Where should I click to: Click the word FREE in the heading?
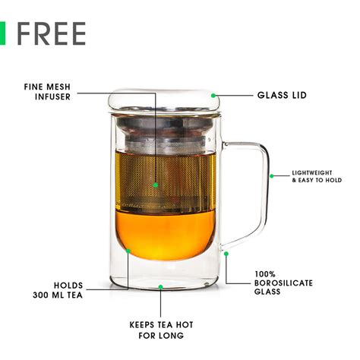coord(51,33)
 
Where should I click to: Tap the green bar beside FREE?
coord(2,33)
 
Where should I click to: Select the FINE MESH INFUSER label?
coord(47,92)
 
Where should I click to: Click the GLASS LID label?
coord(282,95)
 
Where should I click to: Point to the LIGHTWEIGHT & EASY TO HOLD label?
coord(317,176)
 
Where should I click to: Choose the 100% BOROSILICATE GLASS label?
coord(283,283)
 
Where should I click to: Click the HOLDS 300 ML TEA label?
coord(58,290)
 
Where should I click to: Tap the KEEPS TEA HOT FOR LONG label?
coord(161,330)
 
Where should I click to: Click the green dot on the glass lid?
coord(213,96)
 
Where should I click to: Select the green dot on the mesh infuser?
coord(156,185)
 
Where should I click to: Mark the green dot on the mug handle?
coord(272,176)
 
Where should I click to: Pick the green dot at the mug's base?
coord(160,287)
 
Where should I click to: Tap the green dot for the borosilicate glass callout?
coord(226,254)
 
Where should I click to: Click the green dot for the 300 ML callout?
coord(128,251)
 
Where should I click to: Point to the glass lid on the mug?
coord(164,101)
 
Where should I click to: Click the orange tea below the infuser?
coord(165,235)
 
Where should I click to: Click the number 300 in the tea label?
coord(42,295)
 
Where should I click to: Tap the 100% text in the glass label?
coord(265,274)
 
